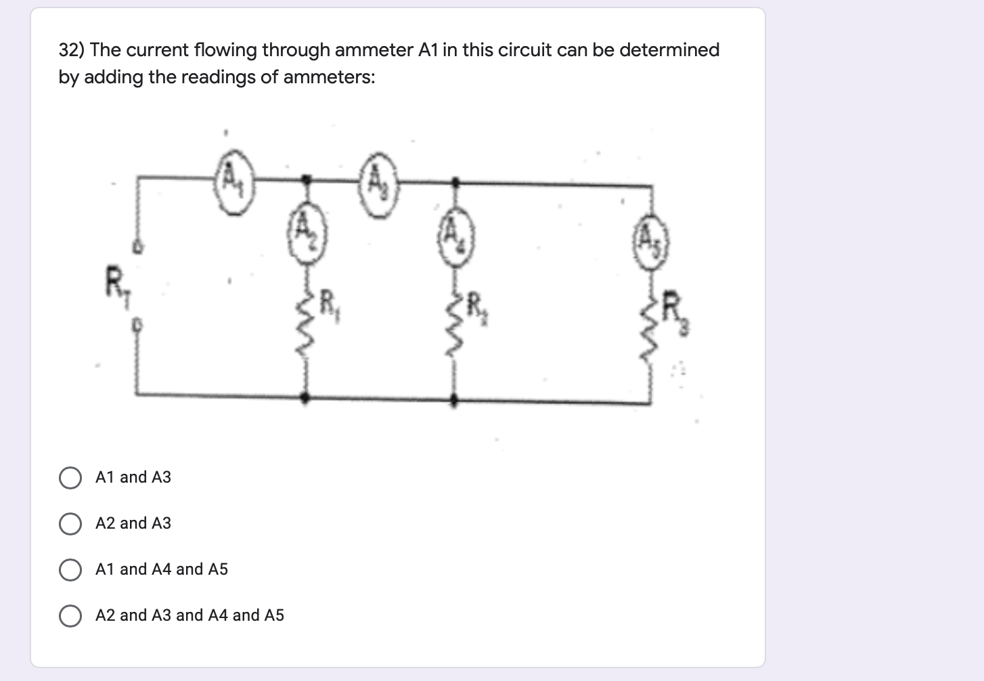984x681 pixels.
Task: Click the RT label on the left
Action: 117,283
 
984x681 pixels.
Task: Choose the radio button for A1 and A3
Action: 70,478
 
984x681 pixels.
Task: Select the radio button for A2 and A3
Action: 70,524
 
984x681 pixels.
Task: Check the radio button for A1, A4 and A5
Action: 70,570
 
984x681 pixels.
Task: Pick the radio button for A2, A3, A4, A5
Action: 70,616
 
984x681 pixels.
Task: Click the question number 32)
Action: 71,50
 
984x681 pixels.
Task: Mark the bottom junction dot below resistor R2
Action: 454,400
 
